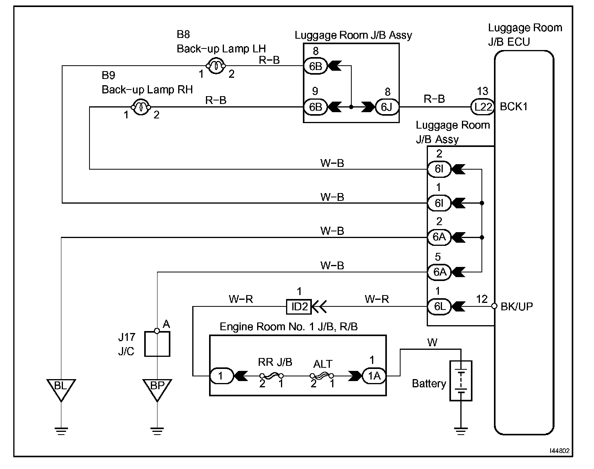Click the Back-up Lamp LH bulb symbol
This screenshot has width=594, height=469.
click(216, 66)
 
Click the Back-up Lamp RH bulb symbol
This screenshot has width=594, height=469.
click(141, 107)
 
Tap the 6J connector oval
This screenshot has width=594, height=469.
click(387, 107)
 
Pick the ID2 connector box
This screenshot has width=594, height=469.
click(299, 307)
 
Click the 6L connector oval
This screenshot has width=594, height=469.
click(439, 306)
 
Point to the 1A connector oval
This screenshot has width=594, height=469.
click(374, 376)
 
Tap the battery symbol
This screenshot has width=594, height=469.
click(461, 381)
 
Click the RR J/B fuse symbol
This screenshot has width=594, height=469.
click(272, 376)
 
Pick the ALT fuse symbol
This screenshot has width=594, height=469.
click(322, 376)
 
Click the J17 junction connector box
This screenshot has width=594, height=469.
click(157, 344)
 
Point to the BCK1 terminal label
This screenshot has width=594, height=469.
click(513, 107)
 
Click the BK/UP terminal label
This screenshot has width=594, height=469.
click(517, 306)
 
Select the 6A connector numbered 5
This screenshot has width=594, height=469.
click(439, 272)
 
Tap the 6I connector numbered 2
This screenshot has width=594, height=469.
click(439, 169)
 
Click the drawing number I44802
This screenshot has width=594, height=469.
click(560, 451)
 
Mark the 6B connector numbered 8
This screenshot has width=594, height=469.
click(315, 66)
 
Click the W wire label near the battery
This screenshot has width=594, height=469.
click(432, 343)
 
